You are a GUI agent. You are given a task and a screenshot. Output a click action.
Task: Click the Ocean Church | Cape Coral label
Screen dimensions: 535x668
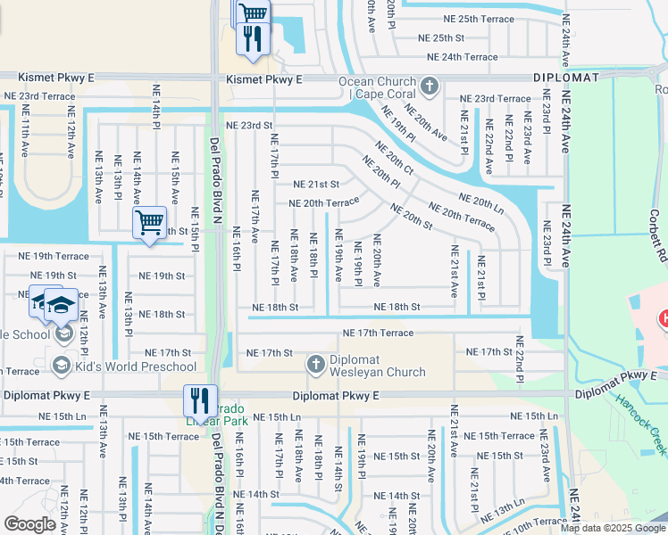(376, 86)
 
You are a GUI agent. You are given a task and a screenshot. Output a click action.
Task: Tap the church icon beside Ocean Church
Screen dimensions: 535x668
(430, 86)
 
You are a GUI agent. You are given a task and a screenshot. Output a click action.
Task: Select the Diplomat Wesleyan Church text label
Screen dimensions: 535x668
(378, 366)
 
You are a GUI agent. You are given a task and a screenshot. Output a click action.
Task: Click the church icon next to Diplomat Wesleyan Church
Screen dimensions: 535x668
(315, 365)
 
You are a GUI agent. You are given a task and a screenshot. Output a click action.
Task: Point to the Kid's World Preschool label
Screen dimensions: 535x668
(136, 366)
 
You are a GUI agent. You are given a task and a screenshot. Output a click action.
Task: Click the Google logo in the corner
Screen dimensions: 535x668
(29, 524)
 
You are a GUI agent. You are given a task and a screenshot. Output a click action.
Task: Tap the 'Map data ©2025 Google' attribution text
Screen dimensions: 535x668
(612, 528)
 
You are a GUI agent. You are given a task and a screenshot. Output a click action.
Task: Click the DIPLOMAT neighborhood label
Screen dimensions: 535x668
(567, 78)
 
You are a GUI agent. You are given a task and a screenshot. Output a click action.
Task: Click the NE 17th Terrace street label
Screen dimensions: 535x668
(378, 333)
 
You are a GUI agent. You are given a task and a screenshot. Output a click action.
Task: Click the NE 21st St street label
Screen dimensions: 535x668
(316, 185)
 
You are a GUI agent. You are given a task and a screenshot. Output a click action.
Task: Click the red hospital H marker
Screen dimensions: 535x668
(663, 317)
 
